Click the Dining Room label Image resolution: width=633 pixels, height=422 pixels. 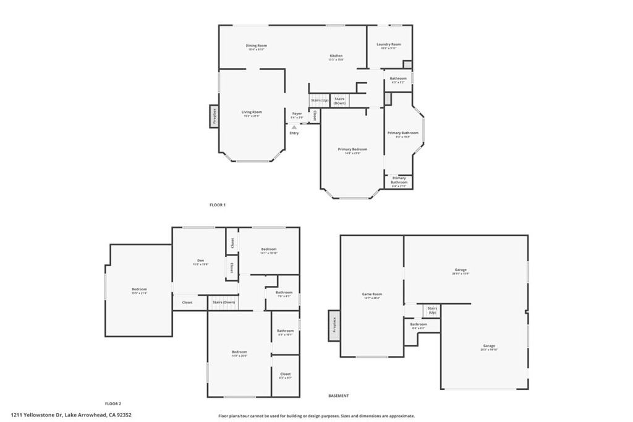pyautogui.click(x=257, y=46)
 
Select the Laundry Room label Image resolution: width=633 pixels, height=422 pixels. pyautogui.click(x=389, y=45)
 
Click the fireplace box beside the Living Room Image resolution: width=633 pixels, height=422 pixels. pyautogui.click(x=214, y=116)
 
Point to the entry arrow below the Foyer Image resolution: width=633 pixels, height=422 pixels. pyautogui.click(x=294, y=127)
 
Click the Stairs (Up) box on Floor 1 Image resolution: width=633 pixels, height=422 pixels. pyautogui.click(x=319, y=100)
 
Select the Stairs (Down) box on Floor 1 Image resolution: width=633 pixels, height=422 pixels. pyautogui.click(x=339, y=100)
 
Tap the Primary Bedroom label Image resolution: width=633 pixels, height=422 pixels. pyautogui.click(x=352, y=150)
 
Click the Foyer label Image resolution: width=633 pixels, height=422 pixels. pyautogui.click(x=297, y=114)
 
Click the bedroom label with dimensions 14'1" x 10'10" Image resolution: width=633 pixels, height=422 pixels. pyautogui.click(x=268, y=250)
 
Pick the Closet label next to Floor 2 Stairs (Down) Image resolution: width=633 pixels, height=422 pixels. pyautogui.click(x=187, y=302)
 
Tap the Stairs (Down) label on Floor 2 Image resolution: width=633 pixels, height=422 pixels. pyautogui.click(x=223, y=302)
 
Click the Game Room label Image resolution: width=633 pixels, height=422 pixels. pyautogui.click(x=372, y=295)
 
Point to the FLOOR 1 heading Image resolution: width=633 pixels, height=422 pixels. pyautogui.click(x=218, y=205)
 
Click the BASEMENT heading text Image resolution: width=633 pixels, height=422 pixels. pyautogui.click(x=338, y=395)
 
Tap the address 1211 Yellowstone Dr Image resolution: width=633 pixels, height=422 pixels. pyautogui.click(x=71, y=415)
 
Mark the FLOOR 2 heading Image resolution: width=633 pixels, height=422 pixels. pyautogui.click(x=113, y=403)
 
